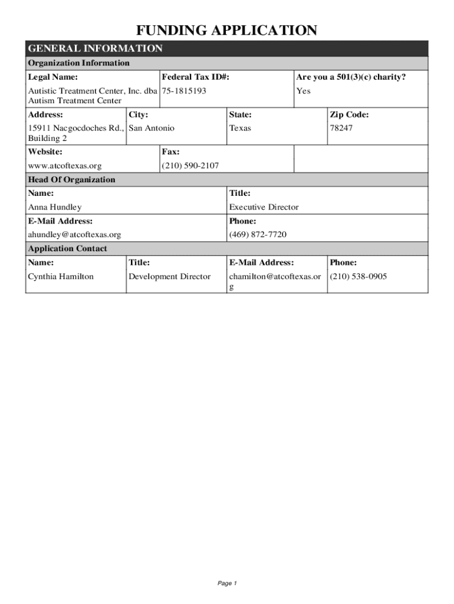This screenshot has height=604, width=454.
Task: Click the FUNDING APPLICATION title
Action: pos(227,30)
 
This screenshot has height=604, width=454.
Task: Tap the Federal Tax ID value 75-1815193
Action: pos(184,91)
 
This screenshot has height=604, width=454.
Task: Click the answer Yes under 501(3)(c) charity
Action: pos(303,91)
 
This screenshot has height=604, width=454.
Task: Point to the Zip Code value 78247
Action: pos(341,128)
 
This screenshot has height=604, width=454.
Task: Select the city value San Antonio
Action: pos(152,128)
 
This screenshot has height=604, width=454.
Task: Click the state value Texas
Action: pos(240,128)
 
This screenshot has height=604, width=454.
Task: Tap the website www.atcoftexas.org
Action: pos(65,166)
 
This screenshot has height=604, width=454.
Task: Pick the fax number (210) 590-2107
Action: pos(190,166)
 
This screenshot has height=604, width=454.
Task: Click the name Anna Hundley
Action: pos(55,207)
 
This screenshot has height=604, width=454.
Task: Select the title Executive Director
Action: pos(264,207)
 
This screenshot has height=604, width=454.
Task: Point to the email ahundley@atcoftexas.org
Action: pos(75,235)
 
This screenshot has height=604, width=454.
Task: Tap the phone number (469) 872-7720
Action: pos(258,235)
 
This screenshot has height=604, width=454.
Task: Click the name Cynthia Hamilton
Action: pos(61,276)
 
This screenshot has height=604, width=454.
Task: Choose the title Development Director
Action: pos(169,276)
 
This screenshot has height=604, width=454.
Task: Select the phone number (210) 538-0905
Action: pos(358,276)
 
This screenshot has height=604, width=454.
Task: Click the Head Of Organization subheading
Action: pos(72,180)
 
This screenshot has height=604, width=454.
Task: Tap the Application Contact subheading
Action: pos(68,249)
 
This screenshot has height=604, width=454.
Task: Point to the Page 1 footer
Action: pos(227,583)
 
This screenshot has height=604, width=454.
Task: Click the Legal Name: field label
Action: pos(53,77)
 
